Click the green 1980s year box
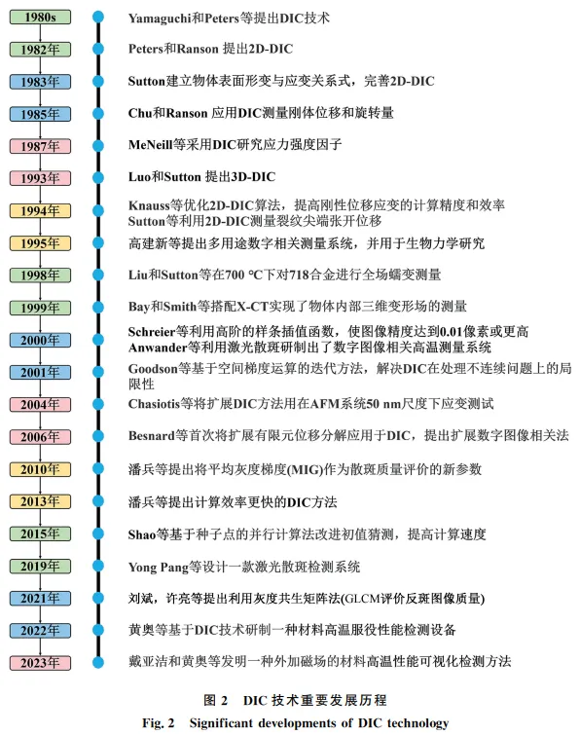[x=40, y=18]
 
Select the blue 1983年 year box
[x=40, y=82]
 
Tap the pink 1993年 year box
[x=40, y=178]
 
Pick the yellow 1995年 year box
[x=40, y=242]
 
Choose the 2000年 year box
[x=40, y=340]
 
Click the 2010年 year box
[x=40, y=469]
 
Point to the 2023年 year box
[x=40, y=663]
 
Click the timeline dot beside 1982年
[x=98, y=49]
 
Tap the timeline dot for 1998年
[x=98, y=275]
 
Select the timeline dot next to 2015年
[x=98, y=533]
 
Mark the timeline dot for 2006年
[x=98, y=436]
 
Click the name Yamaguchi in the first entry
[x=160, y=18]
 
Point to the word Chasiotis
[x=154, y=404]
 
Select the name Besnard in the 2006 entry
[x=151, y=436]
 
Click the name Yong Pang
[x=159, y=568]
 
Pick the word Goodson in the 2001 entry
[x=153, y=369]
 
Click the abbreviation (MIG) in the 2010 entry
[x=305, y=469]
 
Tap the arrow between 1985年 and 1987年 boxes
[x=40, y=129]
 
